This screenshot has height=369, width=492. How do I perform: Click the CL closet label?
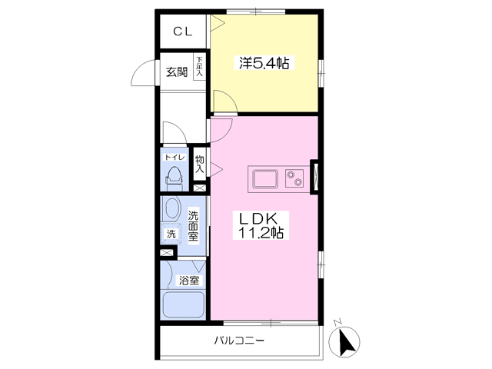point(182,32)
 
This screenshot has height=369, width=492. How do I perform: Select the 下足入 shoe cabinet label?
point(199,67)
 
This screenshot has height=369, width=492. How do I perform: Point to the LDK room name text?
point(261,217)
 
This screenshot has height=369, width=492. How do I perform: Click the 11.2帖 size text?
point(261,232)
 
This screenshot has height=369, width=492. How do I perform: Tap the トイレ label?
point(174,156)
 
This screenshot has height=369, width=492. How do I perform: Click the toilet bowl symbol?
point(174,176)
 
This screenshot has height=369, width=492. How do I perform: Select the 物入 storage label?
point(199,164)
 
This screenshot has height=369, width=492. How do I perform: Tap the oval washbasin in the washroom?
point(171,210)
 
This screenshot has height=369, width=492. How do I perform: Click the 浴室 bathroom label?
point(189,281)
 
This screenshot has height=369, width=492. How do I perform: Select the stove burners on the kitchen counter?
point(294,179)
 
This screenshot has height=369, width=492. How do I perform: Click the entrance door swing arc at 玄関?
point(143,74)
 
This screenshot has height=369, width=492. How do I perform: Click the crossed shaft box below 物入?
point(200,188)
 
